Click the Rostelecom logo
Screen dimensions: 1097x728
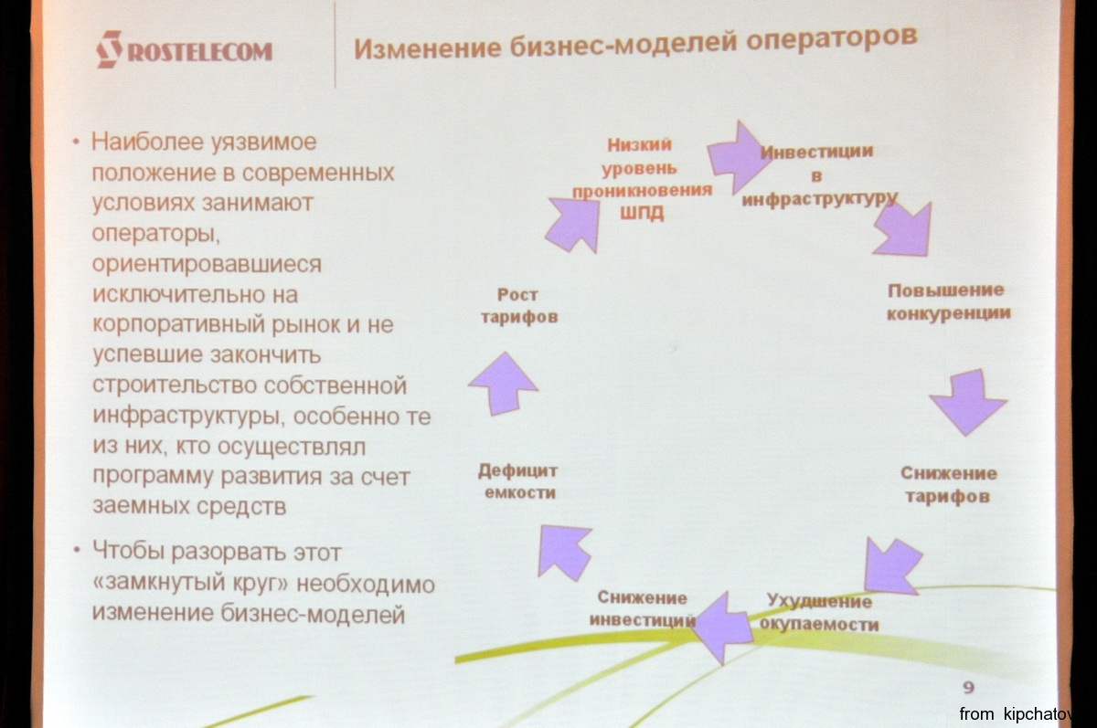(x=184, y=49)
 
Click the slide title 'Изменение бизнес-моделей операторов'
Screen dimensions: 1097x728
(x=635, y=43)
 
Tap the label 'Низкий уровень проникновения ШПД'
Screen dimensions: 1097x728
(x=642, y=179)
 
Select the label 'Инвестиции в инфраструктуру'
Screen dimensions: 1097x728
(x=819, y=175)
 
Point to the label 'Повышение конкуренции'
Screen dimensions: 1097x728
(x=949, y=301)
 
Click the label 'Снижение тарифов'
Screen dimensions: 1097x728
(x=949, y=484)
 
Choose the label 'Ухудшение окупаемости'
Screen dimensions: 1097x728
(x=819, y=613)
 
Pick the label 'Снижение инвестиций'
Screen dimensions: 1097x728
(x=642, y=608)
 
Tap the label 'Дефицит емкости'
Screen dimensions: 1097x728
(x=518, y=481)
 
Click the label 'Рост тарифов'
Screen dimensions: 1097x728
(x=519, y=306)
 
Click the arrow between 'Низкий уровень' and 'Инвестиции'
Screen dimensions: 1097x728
(x=739, y=157)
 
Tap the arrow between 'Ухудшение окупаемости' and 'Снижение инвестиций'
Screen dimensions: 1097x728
(x=723, y=628)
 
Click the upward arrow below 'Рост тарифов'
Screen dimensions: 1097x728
(x=504, y=384)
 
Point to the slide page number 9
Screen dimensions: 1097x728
(x=968, y=688)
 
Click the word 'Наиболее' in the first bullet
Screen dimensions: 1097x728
(x=147, y=142)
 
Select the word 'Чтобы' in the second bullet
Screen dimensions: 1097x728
(x=128, y=551)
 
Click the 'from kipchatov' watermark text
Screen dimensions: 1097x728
(x=1017, y=714)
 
